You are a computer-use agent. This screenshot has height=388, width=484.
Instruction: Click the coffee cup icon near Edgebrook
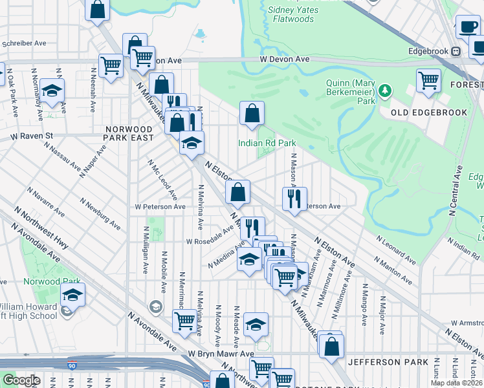click(x=468, y=27)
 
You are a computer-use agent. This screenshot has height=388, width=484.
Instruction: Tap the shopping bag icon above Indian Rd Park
click(x=252, y=113)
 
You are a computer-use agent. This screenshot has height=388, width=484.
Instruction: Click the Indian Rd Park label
click(x=267, y=143)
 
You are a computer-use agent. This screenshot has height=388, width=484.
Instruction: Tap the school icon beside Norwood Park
click(x=72, y=294)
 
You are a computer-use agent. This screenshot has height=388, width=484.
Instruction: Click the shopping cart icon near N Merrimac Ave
click(x=185, y=321)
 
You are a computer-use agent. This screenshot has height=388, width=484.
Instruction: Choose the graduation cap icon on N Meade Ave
click(x=256, y=323)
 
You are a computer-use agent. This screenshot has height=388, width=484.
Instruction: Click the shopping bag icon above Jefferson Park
click(x=331, y=344)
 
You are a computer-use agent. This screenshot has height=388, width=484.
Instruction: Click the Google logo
click(x=21, y=381)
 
